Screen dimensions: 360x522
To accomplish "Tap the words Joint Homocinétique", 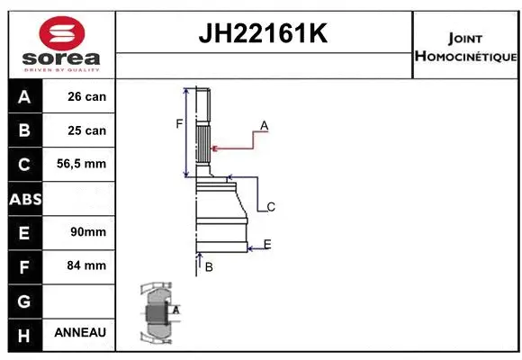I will [464, 48].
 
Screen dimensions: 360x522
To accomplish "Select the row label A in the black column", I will [24, 96].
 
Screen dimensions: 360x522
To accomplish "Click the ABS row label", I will [24, 198].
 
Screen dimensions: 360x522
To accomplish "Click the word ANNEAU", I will [80, 333].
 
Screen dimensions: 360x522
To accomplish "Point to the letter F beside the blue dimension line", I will [179, 124].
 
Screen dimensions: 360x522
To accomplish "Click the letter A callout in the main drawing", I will [265, 124].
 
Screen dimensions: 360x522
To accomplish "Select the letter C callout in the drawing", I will [270, 207].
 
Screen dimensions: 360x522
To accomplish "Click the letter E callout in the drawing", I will [267, 244].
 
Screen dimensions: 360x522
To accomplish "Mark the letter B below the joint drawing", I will [208, 267].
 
